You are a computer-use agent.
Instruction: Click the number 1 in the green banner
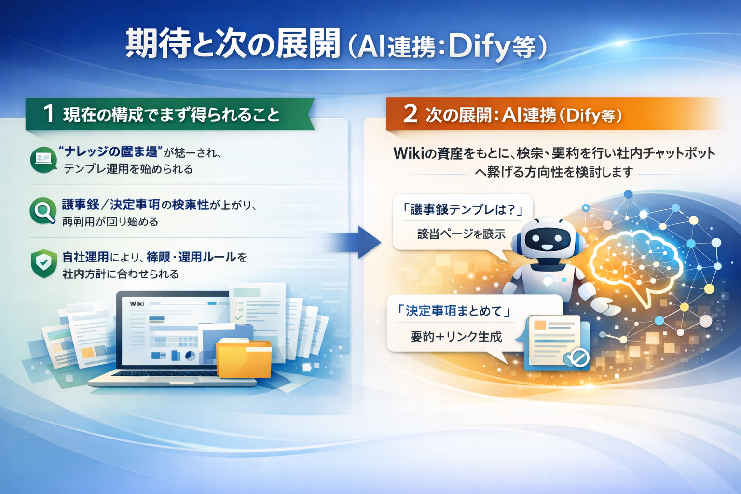click(48, 114)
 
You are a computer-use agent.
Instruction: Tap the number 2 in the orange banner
click(410, 114)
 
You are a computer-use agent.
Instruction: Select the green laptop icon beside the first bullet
click(43, 159)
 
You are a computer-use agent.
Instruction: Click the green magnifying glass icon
click(43, 211)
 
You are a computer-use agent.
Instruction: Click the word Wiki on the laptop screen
click(137, 303)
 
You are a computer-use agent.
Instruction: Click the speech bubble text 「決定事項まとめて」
click(454, 311)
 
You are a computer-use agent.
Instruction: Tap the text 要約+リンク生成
click(456, 337)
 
